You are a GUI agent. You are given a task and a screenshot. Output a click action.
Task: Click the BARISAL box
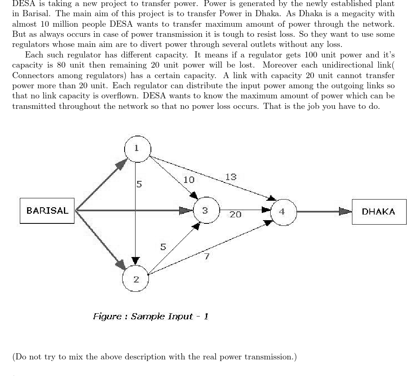pos(47,210)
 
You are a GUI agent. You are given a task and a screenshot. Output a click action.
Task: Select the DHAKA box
pos(379,211)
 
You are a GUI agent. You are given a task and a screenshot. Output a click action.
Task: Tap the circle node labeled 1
pos(137,149)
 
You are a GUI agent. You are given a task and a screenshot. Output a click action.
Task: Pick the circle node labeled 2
pos(136,279)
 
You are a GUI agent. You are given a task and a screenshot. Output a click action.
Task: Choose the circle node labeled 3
pos(206,210)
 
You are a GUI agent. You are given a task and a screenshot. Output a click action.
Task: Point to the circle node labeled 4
pos(282,211)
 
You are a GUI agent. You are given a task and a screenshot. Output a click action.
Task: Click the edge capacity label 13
pos(231,177)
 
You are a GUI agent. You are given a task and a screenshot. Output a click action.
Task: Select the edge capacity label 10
pos(189,180)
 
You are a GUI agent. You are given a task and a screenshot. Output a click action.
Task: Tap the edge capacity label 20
pos(235,215)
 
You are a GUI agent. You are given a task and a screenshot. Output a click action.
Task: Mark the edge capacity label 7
pos(206,256)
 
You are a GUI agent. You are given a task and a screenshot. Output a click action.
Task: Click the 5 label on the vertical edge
pos(139,185)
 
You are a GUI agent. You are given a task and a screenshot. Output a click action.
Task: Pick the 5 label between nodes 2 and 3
pos(163,247)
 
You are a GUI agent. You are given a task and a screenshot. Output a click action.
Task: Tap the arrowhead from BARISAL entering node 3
pos(186,210)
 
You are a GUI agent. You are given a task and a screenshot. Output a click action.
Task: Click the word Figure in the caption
pos(107,317)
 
